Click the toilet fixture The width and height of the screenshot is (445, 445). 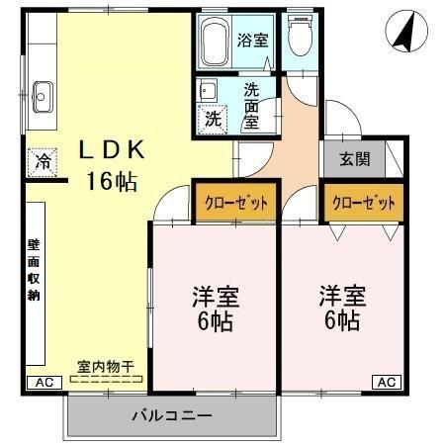(299, 39)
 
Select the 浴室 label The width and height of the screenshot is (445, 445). (253, 41)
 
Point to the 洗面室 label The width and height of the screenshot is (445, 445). (252, 103)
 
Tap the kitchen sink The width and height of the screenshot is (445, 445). (43, 96)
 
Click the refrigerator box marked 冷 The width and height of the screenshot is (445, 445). (44, 161)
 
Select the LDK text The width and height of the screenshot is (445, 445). (113, 150)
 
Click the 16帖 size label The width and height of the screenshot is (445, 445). (111, 181)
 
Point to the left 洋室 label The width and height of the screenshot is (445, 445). (213, 298)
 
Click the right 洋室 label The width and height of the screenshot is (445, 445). (342, 296)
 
